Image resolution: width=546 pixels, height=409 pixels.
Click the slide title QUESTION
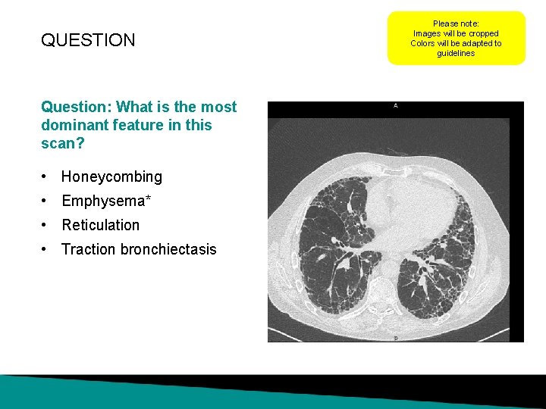pyautogui.click(x=88, y=40)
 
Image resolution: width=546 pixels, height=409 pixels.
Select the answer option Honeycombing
pyautogui.click(x=111, y=176)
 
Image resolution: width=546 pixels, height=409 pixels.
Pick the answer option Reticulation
pyautogui.click(x=100, y=225)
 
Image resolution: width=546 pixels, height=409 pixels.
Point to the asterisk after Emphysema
pyautogui.click(x=149, y=199)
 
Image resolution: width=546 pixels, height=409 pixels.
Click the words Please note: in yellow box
pyautogui.click(x=456, y=24)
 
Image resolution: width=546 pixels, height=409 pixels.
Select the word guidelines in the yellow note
pyautogui.click(x=456, y=54)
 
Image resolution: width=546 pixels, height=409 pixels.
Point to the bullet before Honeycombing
pyautogui.click(x=47, y=177)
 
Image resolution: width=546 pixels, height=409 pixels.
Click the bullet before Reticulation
pyautogui.click(x=47, y=226)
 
